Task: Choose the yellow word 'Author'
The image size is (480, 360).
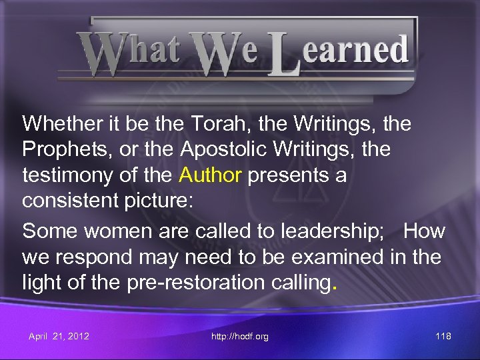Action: click(x=210, y=175)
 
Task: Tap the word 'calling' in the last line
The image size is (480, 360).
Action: click(x=297, y=283)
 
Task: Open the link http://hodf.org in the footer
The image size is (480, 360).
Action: click(x=239, y=336)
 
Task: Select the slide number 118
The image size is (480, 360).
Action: click(x=443, y=336)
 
